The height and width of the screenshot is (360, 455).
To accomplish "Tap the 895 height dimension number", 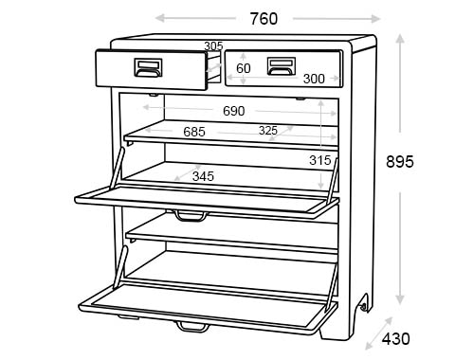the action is coord(400,162).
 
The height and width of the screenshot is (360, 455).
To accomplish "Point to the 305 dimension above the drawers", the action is coord(213,45).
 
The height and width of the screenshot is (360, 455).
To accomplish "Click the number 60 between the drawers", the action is coord(244,68).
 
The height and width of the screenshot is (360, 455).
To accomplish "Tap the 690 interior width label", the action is coord(233,111).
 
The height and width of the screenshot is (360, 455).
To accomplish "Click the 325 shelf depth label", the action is coord(268,131).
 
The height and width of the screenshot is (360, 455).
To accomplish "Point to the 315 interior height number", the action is coord(320,160).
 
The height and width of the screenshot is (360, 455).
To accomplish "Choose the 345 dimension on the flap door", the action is coord(203,176).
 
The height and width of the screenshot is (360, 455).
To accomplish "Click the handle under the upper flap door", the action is coord(191,215).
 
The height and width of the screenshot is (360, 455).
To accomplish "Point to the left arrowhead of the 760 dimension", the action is coord(159,18).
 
